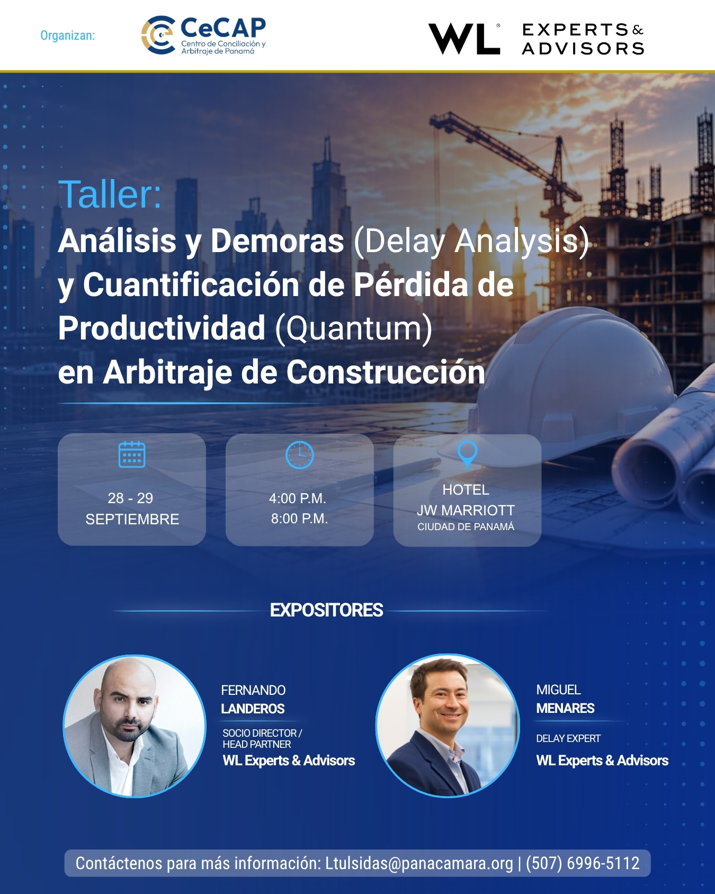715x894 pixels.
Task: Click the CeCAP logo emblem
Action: click(x=158, y=35)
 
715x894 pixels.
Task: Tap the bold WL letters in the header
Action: click(x=464, y=39)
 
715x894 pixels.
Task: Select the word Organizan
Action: click(x=68, y=35)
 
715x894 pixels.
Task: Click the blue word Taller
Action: click(x=110, y=194)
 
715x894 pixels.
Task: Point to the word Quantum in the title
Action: click(x=354, y=328)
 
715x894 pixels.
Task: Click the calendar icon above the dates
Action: click(x=132, y=454)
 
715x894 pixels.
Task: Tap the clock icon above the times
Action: click(x=300, y=455)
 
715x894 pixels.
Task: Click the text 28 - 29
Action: click(x=130, y=498)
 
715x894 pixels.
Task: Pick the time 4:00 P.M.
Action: click(x=298, y=498)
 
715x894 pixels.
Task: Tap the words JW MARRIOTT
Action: click(x=466, y=511)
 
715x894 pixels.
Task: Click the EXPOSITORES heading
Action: click(x=326, y=610)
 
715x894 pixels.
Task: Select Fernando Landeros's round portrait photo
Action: click(x=135, y=726)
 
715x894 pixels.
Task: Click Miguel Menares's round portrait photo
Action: click(x=448, y=726)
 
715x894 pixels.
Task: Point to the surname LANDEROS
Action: click(x=253, y=709)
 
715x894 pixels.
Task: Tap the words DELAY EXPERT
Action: click(x=568, y=738)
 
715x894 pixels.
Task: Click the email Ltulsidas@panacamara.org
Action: click(x=419, y=863)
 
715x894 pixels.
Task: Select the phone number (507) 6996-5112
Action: click(x=583, y=863)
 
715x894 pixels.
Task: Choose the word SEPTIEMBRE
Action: click(x=132, y=520)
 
